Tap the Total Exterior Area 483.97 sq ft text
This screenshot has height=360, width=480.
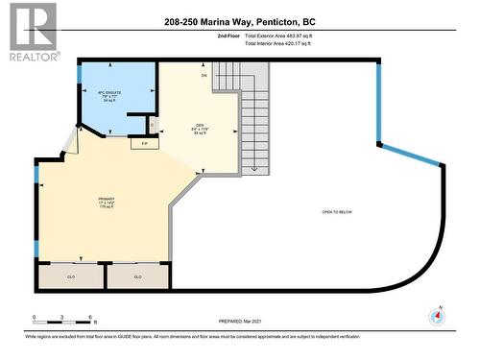(278, 36)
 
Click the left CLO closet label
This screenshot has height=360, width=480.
(69, 276)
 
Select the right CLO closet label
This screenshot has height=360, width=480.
(137, 276)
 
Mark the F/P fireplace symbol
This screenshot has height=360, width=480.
(145, 143)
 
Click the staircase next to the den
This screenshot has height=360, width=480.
(254, 120)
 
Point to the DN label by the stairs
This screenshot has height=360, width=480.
(204, 75)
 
